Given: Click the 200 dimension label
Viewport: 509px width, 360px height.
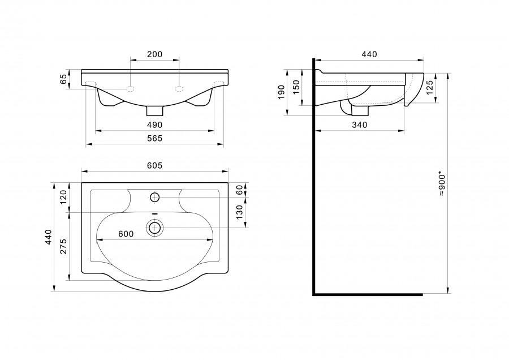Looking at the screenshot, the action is pos(154,54).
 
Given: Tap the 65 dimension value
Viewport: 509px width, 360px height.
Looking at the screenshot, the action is pos(63,79).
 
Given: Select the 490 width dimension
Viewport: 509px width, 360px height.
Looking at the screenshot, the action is pos(154,125).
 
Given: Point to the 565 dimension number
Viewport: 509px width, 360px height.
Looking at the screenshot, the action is pos(154,139).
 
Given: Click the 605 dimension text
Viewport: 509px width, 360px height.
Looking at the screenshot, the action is pos(154,166).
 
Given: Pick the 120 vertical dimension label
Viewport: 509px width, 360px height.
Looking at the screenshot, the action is pos(63,197).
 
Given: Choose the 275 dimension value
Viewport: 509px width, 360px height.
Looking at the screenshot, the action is pos(63,246).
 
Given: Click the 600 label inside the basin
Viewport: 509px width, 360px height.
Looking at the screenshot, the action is pos(126,234).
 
